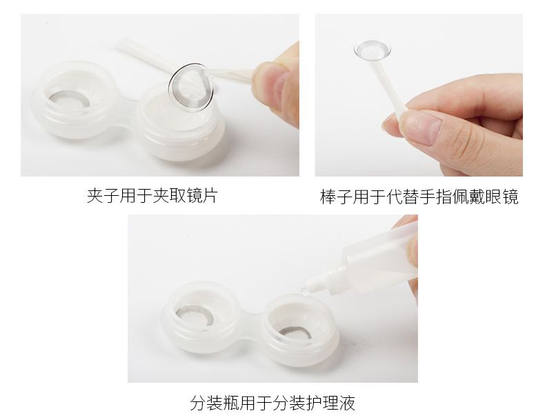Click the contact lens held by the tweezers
point(191,88)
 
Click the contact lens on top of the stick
point(373,50)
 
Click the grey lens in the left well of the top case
point(69,99)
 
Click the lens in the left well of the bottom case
point(194,315)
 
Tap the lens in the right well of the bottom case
point(295,335)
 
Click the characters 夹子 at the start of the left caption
point(103,196)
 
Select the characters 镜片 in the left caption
point(201,196)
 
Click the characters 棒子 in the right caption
point(337,197)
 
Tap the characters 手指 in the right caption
point(436,197)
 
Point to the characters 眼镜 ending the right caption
point(502,197)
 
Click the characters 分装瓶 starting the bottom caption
point(215,403)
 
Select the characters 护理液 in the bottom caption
point(330,403)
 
